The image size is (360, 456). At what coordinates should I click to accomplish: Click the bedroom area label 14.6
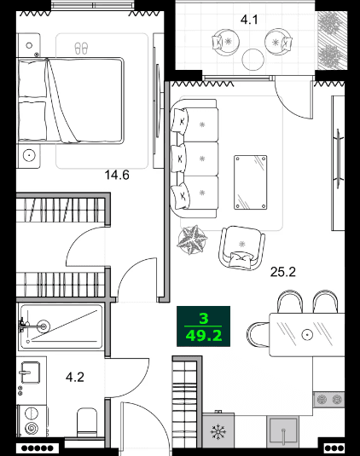click(x=116, y=176)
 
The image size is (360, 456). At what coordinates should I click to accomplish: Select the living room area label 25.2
click(x=282, y=273)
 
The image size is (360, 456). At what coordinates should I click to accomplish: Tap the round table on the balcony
click(x=253, y=59)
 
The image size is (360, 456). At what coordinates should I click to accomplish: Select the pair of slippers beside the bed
click(x=82, y=48)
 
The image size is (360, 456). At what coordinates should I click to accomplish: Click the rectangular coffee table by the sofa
click(x=253, y=180)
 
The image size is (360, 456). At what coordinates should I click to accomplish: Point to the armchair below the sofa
click(x=242, y=247)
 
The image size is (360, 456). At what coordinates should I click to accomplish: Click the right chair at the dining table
click(x=325, y=303)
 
